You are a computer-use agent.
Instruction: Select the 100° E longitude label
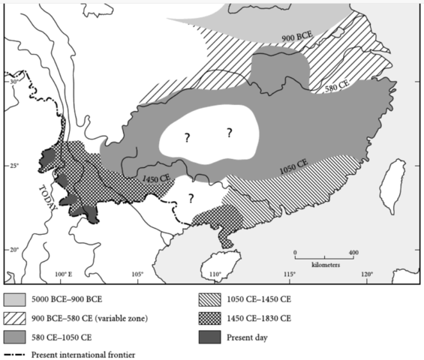[x=65, y=273]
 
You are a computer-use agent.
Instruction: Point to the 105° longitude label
[x=138, y=273]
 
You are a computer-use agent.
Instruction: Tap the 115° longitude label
[x=290, y=273]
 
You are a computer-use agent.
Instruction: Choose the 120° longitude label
[x=367, y=273]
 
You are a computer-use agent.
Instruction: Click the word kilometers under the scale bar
[x=324, y=265]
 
